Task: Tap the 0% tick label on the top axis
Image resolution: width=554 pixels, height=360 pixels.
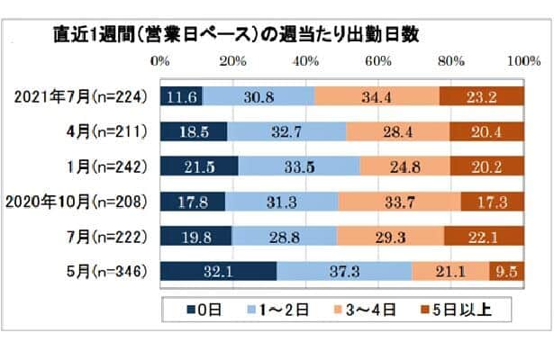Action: [x=159, y=61]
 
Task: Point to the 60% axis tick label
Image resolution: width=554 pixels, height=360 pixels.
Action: [x=377, y=61]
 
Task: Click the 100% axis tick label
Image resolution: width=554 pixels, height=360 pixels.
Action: [x=522, y=61]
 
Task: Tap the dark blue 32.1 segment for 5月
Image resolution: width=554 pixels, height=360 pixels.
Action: [x=218, y=271]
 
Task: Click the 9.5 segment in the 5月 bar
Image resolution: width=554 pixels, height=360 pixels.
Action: [x=506, y=271]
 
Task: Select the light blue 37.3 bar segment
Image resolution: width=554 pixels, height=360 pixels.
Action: [x=344, y=271]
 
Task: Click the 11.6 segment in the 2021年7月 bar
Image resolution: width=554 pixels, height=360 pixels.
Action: [x=181, y=96]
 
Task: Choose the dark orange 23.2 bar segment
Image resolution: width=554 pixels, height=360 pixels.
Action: [x=481, y=96]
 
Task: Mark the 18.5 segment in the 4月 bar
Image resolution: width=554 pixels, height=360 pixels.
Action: [x=194, y=131]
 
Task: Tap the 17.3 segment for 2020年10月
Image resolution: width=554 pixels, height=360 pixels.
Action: [x=492, y=202]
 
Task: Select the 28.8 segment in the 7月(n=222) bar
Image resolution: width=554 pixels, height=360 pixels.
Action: [x=284, y=237]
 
